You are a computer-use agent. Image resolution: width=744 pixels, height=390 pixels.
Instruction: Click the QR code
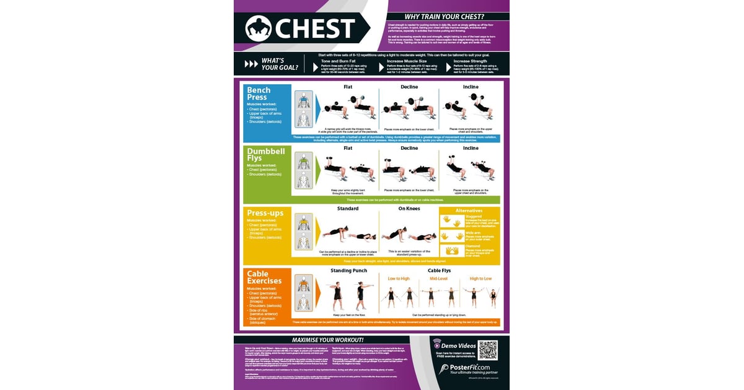pos(487,351)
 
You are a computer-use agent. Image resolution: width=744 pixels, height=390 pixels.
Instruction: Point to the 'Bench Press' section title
pos(259,93)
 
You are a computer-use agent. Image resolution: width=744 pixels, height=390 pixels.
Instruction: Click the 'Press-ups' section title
pos(265,213)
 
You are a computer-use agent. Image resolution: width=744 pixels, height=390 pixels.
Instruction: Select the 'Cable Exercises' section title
pos(264,277)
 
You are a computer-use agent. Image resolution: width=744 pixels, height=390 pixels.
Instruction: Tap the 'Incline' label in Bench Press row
pos(471,87)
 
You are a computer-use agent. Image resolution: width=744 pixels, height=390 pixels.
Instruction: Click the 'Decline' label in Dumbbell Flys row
pos(409,149)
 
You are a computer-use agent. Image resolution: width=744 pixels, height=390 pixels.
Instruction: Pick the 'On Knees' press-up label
pos(410,209)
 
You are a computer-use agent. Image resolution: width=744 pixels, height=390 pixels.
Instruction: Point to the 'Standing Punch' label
pos(348,271)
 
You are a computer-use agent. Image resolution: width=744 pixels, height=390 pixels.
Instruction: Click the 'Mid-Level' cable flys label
pos(438,279)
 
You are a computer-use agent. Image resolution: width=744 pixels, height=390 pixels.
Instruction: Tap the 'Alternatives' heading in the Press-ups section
pos(469,210)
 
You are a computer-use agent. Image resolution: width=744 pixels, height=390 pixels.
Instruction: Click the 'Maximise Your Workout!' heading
pos(327,340)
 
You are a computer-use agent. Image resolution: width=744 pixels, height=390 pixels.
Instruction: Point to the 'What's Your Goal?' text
pos(280,64)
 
